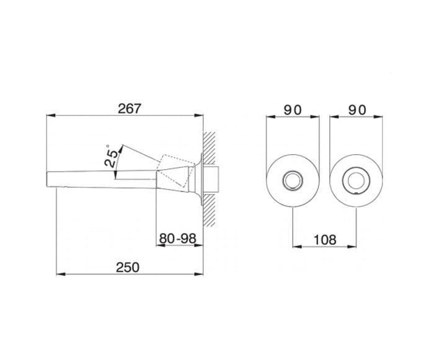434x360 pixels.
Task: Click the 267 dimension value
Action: (130, 109)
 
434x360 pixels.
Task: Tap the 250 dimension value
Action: (128, 267)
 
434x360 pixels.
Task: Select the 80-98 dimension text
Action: (178, 239)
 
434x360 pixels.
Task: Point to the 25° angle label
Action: (111, 157)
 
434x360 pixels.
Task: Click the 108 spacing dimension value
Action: (325, 240)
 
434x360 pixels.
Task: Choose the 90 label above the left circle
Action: (292, 110)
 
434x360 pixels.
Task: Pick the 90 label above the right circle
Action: (357, 110)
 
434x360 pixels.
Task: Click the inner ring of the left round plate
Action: (293, 172)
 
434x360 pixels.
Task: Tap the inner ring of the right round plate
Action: (356, 172)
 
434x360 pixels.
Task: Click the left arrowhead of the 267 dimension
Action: (51, 116)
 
